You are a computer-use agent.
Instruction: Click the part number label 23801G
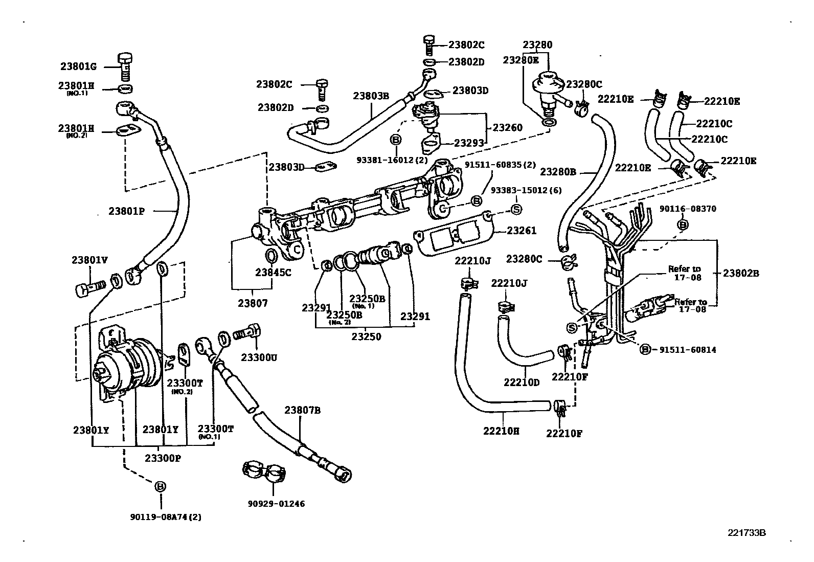78,66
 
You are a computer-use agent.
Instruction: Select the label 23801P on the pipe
127,210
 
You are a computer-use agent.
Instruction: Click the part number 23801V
89,260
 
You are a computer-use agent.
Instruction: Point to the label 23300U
259,357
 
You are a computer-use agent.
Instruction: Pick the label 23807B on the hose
303,410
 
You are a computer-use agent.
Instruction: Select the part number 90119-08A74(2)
166,517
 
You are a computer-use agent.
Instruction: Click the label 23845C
273,273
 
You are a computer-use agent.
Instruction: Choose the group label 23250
366,337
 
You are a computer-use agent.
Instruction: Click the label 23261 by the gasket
522,231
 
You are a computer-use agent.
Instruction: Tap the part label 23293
469,144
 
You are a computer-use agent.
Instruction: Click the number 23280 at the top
537,44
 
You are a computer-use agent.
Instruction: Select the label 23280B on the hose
558,172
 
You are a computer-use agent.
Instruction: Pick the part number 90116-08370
688,209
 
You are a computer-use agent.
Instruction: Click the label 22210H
501,431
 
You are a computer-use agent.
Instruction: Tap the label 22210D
522,382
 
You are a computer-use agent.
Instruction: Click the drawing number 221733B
747,532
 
